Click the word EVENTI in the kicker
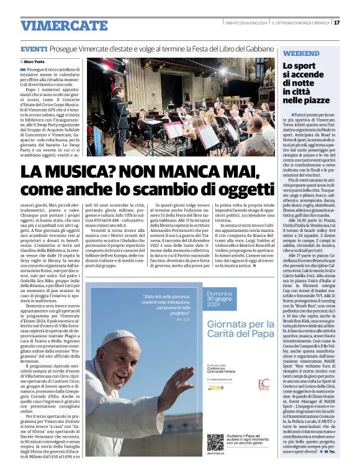point(34,49)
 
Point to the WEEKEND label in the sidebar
point(301,53)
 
